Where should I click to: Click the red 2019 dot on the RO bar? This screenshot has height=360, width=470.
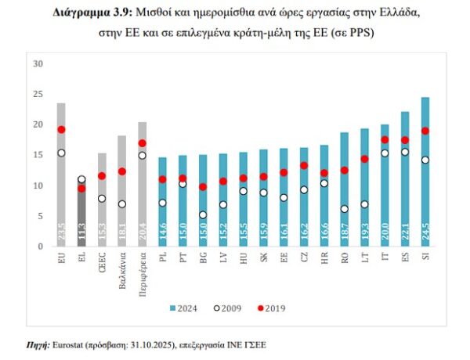(x=344, y=170)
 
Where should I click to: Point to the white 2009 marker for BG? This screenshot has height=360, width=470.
(x=203, y=214)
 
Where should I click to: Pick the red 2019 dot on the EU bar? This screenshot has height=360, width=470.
(x=61, y=130)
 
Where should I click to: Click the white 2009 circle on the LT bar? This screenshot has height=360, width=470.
(x=364, y=204)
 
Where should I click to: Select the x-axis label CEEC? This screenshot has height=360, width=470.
(x=102, y=261)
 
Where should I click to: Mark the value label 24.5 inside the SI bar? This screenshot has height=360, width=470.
(x=425, y=232)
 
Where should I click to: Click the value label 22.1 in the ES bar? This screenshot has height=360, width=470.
(x=405, y=232)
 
